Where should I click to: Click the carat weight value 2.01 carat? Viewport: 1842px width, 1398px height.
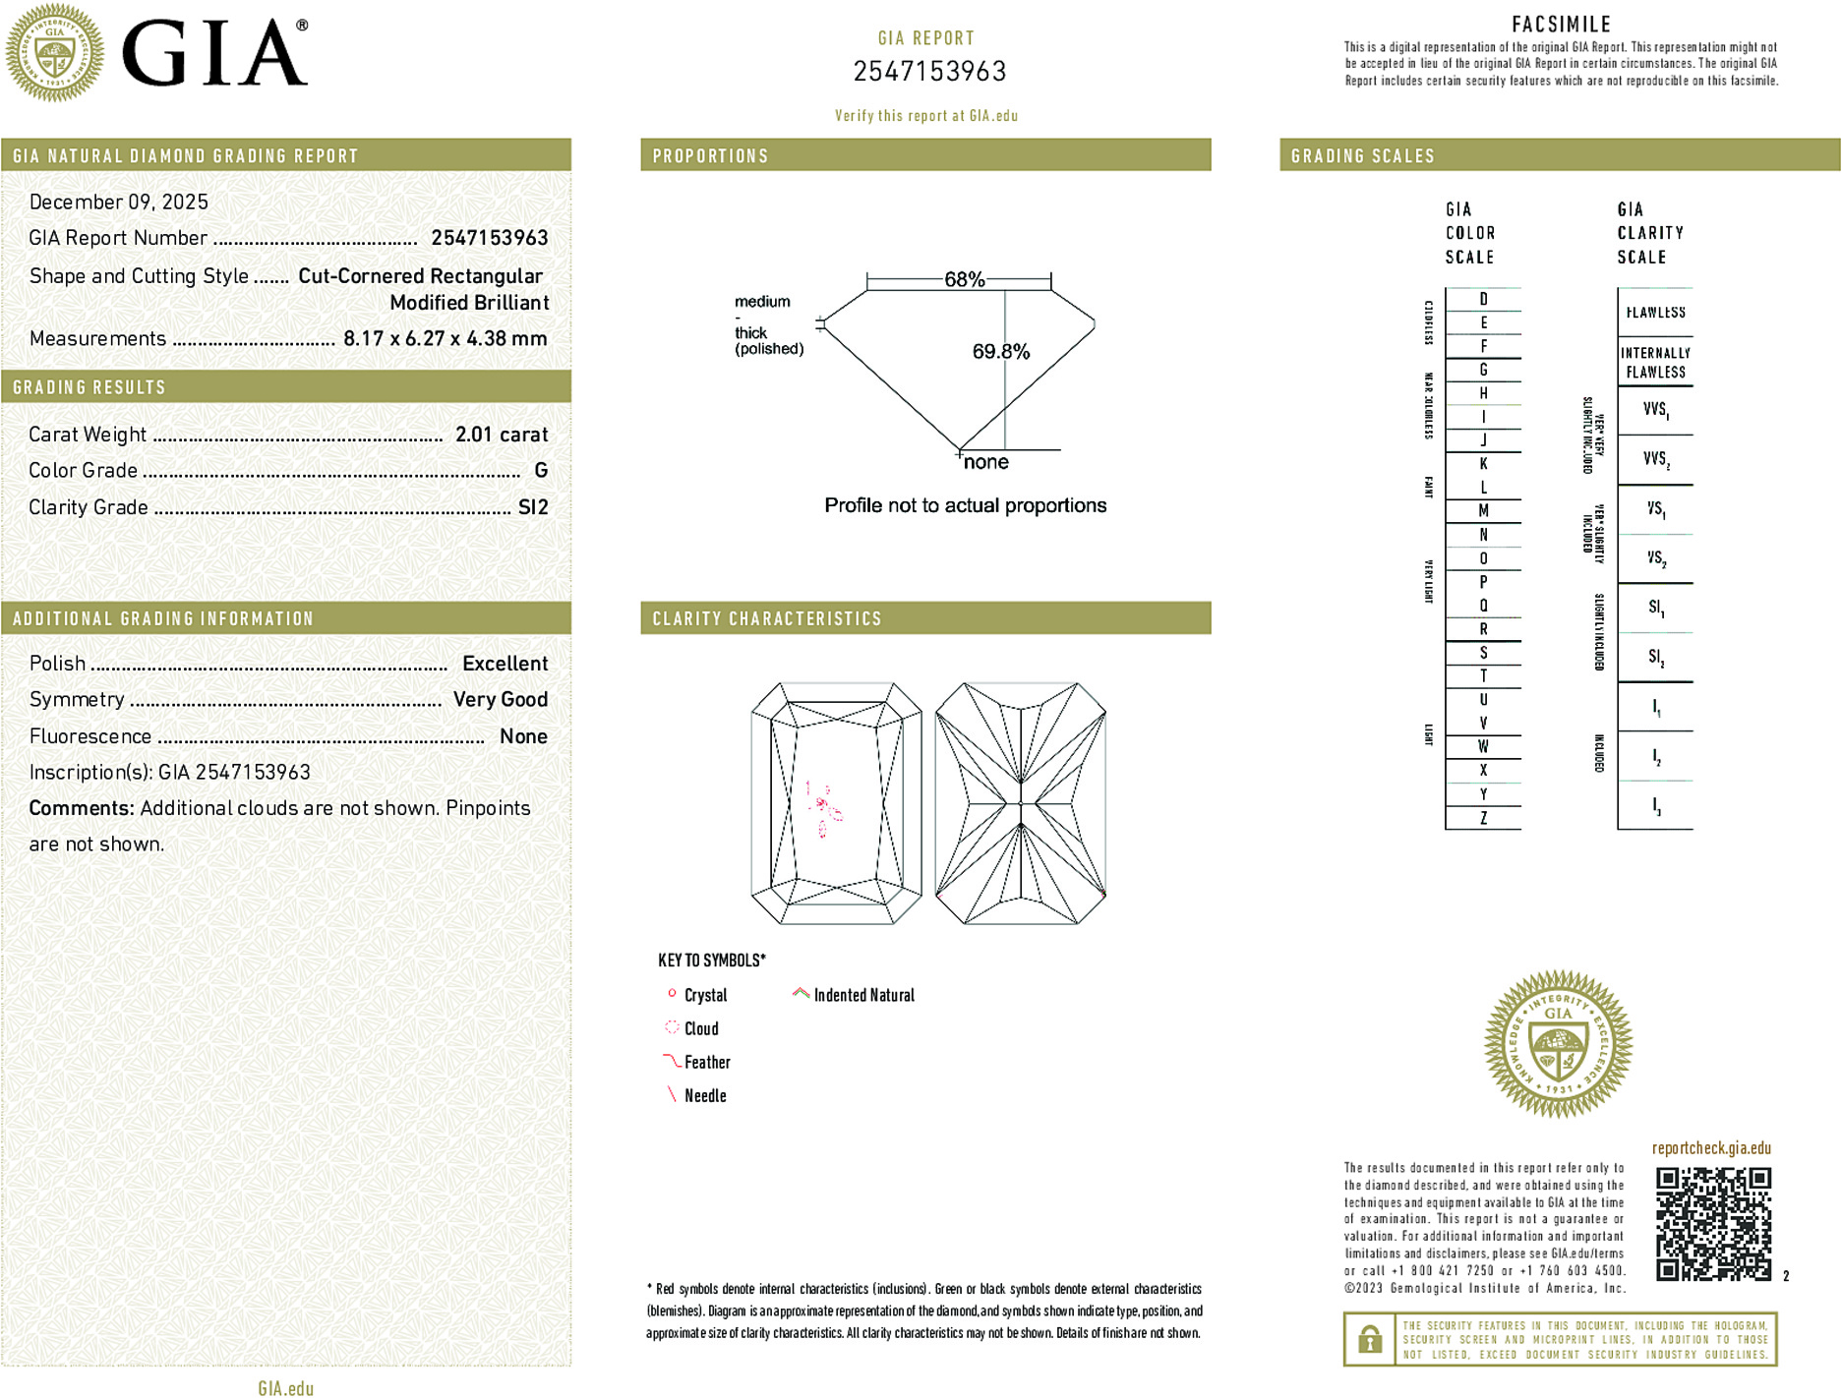501,435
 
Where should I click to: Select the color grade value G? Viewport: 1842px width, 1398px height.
540,471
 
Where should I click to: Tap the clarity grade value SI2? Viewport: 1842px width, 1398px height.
533,507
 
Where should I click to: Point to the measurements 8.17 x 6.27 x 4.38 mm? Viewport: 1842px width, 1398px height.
445,339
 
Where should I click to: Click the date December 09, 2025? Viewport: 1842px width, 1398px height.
119,203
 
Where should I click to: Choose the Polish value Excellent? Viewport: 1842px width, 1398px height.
505,664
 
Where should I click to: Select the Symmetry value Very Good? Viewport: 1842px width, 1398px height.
500,700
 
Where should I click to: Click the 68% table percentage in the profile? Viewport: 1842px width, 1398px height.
964,279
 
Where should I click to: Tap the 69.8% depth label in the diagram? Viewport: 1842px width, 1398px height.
1000,352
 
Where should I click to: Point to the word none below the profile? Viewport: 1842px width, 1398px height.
985,462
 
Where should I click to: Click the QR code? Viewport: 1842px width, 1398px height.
1712,1224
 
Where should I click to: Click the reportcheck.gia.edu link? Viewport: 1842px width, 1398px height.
1710,1148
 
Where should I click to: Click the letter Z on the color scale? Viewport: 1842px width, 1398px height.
1483,818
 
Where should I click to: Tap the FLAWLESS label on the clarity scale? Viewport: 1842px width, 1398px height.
1655,313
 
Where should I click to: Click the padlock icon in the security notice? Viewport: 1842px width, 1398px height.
1369,1339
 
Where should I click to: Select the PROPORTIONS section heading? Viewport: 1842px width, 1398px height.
710,156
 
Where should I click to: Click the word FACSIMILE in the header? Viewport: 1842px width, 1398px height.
1561,25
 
